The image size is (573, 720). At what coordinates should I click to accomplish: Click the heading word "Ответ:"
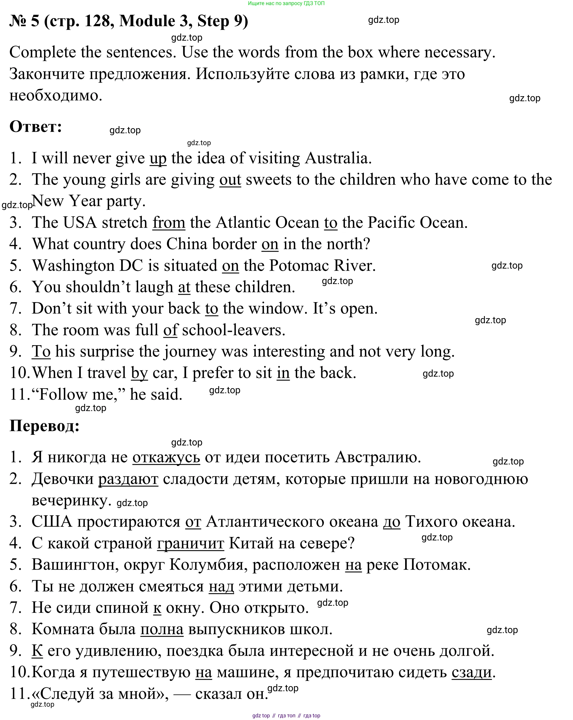pos(36,126)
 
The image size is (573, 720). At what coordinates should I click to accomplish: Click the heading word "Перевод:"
pos(44,426)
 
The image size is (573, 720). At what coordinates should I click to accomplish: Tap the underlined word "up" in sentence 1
pos(158,158)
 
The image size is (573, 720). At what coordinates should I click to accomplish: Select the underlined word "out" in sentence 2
pos(230,180)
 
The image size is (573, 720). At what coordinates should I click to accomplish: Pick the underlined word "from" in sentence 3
pos(168,222)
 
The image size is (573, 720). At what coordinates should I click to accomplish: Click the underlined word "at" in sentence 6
pos(184,287)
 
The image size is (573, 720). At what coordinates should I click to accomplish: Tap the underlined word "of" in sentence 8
pos(171,330)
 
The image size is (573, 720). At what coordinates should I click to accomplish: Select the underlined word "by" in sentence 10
pos(139,373)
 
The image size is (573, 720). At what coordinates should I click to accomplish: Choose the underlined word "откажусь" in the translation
pos(166,457)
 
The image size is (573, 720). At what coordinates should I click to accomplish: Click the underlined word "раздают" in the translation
pos(128,479)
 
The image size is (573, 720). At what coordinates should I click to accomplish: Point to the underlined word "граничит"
pos(190,543)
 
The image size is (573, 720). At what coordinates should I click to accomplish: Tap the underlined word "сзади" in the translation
pos(471,672)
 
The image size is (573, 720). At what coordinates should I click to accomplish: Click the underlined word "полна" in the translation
pos(162,629)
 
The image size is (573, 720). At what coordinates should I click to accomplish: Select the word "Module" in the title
pos(147,21)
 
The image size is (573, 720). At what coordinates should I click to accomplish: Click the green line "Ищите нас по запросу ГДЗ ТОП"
pos(286,3)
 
